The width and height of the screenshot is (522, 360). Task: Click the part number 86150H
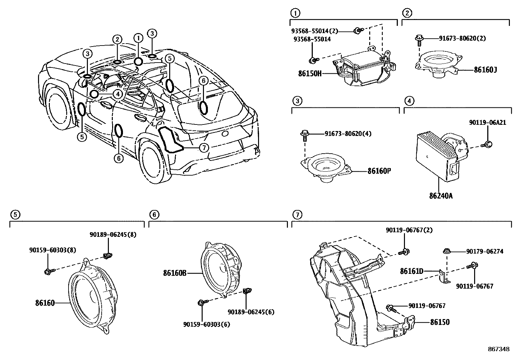[310, 73]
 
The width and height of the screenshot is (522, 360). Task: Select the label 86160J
[485, 69]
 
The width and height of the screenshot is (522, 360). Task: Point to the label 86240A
[441, 196]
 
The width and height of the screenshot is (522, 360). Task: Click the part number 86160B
[174, 273]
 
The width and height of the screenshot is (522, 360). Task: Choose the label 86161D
[412, 271]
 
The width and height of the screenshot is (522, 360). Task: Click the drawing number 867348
[498, 349]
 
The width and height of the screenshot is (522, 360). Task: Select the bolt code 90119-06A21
[487, 123]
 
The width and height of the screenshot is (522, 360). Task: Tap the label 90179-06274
[485, 252]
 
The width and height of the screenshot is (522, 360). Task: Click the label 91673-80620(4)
[348, 134]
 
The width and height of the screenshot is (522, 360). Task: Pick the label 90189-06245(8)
[108, 235]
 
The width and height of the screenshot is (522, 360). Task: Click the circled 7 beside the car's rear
[204, 148]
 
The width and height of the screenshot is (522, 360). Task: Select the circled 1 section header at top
[295, 13]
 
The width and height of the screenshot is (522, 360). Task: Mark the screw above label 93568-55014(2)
[358, 31]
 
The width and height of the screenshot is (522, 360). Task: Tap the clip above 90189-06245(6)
[248, 291]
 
